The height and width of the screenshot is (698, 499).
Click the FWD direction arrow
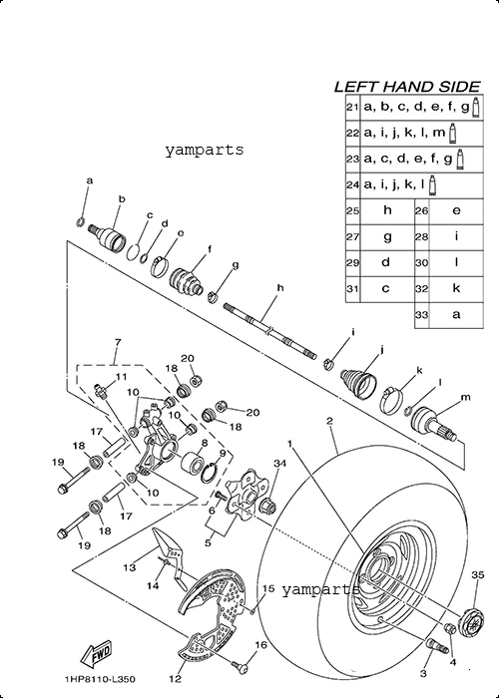pyautogui.click(x=96, y=653)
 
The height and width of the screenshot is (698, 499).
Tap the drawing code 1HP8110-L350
pyautogui.click(x=100, y=679)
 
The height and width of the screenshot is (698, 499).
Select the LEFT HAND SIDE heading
pyautogui.click(x=407, y=87)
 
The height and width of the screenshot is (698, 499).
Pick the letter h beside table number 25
pyautogui.click(x=387, y=209)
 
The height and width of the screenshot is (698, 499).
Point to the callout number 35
pyautogui.click(x=478, y=575)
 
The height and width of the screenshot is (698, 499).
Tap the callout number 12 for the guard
pyautogui.click(x=176, y=678)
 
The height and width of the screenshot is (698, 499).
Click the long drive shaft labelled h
pyautogui.click(x=270, y=331)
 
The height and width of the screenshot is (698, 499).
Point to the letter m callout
pyautogui.click(x=466, y=397)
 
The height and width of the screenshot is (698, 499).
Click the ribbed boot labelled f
pyautogui.click(x=187, y=281)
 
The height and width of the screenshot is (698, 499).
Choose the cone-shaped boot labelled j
pyautogui.click(x=358, y=381)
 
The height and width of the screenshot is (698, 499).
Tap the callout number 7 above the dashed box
pyautogui.click(x=117, y=342)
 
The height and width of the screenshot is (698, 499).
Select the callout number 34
pyautogui.click(x=279, y=464)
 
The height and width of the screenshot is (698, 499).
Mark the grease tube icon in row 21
pyautogui.click(x=476, y=108)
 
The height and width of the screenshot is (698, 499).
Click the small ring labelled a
pyautogui.click(x=80, y=220)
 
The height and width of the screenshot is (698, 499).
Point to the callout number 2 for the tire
pyautogui.click(x=329, y=421)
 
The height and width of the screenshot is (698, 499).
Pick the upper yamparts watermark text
pyautogui.click(x=205, y=150)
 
